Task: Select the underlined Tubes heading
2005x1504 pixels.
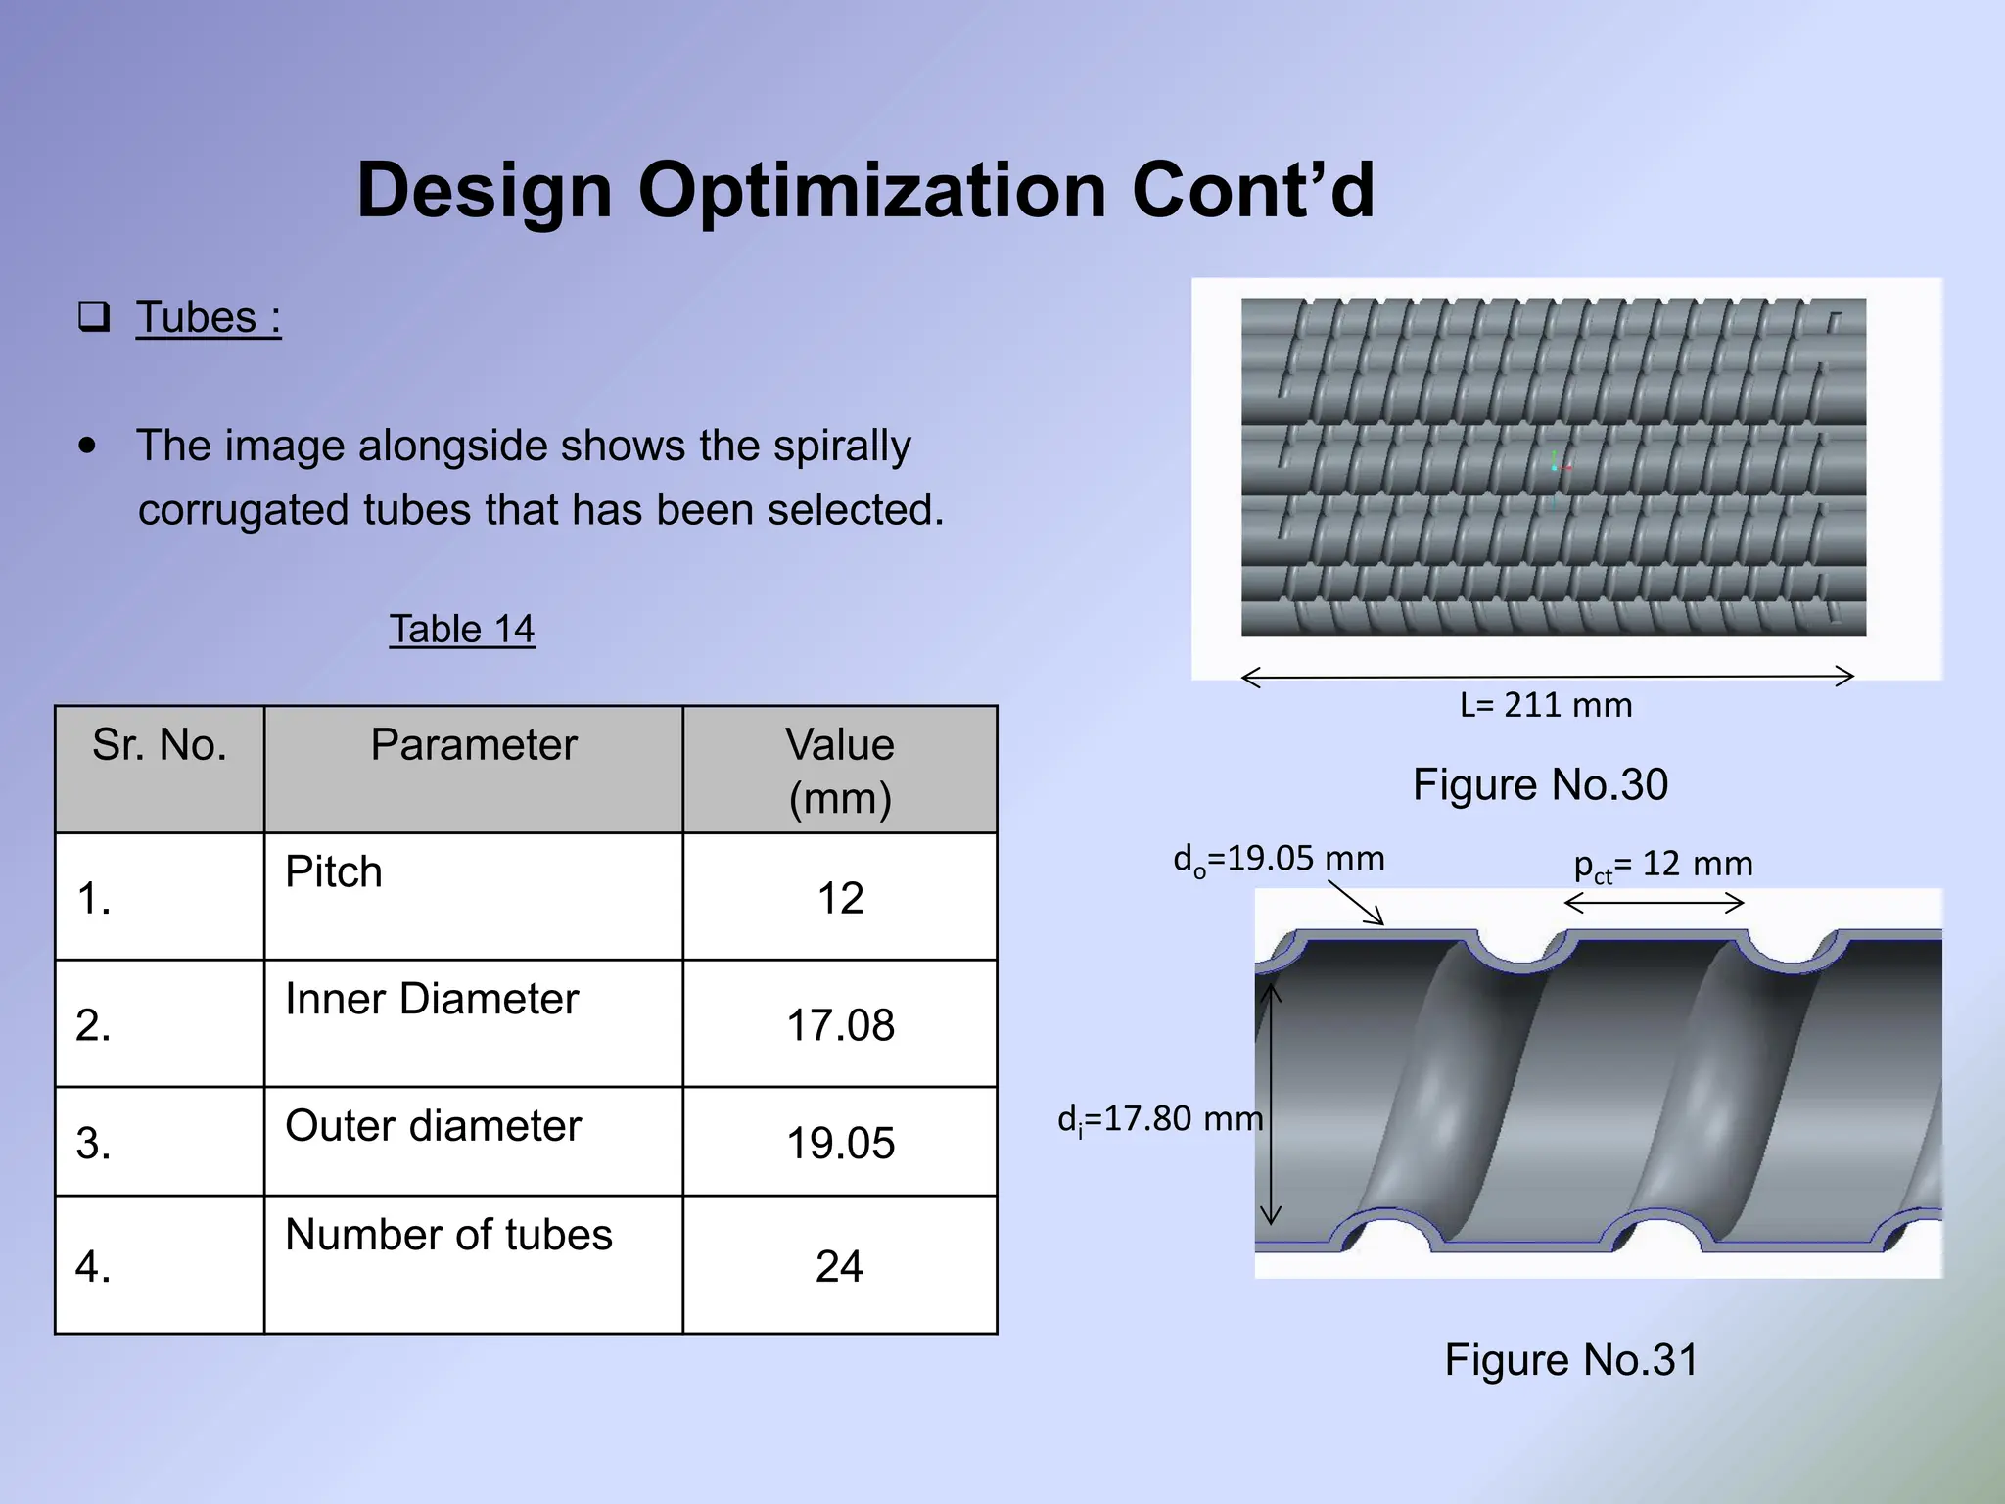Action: coord(208,318)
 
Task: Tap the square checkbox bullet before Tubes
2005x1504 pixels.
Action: coord(94,317)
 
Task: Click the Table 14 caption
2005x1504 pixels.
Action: coord(462,629)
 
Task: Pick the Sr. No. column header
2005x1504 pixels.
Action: coord(160,745)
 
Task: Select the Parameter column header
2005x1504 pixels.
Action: coord(473,745)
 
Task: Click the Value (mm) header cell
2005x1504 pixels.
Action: coord(840,771)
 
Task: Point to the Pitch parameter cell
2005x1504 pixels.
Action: coord(334,871)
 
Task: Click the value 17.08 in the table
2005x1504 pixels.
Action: coord(840,1025)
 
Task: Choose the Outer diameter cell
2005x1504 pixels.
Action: coord(433,1126)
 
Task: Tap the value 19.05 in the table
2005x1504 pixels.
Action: coord(840,1144)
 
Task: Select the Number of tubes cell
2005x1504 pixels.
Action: coord(448,1235)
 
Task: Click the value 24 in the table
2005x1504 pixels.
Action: coord(839,1266)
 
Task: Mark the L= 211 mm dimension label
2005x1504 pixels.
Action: coord(1545,705)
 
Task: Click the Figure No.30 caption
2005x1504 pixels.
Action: coord(1540,785)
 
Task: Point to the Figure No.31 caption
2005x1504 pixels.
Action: coord(1570,1360)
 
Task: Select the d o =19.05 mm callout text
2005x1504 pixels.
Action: coord(1279,860)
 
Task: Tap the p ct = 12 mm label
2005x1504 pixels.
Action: coord(1662,865)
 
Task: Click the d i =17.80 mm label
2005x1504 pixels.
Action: coord(1159,1119)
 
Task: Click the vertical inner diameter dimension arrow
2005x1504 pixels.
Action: coord(1271,1104)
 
